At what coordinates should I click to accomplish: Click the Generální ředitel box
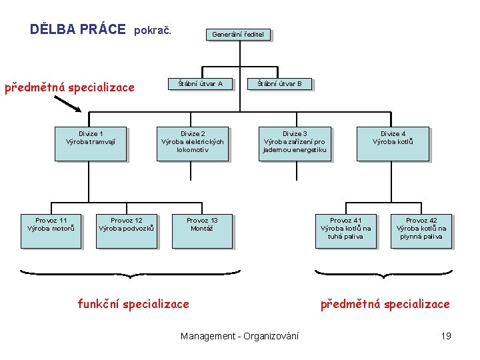coord(237,34)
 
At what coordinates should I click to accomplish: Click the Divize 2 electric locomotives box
coord(192,143)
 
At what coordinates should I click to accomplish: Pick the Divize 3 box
coord(295,143)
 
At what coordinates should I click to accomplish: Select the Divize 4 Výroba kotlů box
coord(393,143)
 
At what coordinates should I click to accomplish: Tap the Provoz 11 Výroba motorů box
coord(51,231)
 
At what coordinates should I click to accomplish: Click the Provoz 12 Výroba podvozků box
coord(127,231)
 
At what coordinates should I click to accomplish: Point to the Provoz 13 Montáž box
coord(202,231)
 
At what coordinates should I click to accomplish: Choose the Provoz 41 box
coord(345,231)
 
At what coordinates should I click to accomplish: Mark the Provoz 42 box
coord(421,231)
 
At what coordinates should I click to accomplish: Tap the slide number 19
coord(446,336)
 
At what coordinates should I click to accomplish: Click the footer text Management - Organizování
coord(239,336)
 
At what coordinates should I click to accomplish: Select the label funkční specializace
coord(133,304)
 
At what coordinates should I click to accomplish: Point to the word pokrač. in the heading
coord(153,30)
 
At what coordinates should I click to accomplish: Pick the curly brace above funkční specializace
coord(130,273)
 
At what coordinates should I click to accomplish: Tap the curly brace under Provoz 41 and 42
coord(383,273)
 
